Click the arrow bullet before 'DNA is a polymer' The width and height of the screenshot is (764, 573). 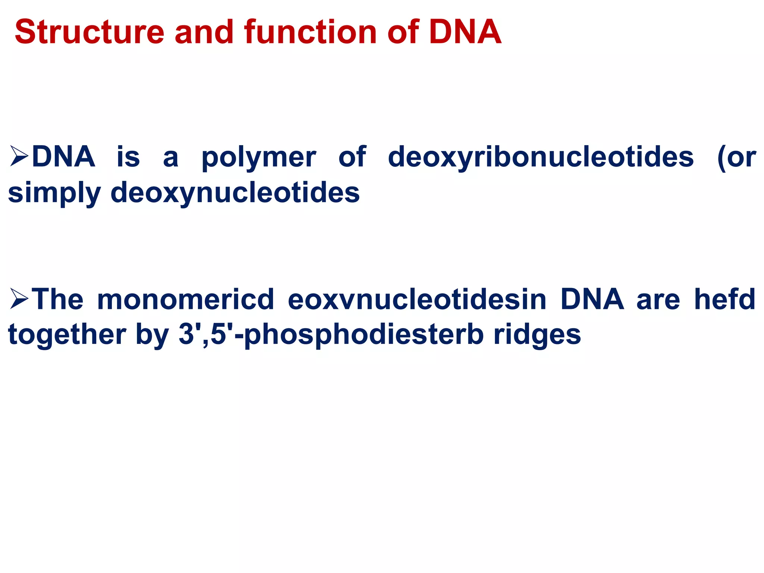click(x=19, y=157)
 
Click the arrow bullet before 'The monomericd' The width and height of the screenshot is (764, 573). click(x=19, y=299)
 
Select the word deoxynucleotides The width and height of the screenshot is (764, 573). click(x=235, y=193)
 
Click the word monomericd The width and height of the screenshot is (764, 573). click(x=185, y=299)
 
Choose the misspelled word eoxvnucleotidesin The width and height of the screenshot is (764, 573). click(x=417, y=299)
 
